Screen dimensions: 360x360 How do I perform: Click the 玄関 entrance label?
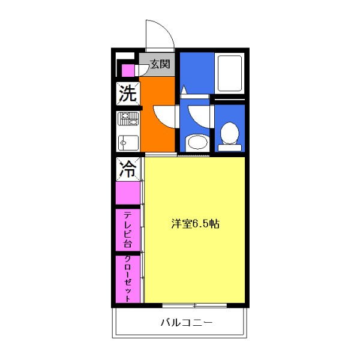click(x=159, y=64)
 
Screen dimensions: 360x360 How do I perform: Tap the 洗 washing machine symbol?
click(x=127, y=94)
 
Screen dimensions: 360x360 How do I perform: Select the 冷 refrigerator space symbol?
click(x=127, y=168)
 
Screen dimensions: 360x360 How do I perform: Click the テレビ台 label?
click(x=127, y=229)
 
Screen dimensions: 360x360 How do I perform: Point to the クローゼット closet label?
click(x=127, y=279)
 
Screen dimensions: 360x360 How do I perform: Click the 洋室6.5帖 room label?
click(x=196, y=224)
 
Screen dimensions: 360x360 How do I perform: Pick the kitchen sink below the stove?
click(x=127, y=143)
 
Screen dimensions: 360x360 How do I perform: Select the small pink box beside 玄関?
click(x=127, y=70)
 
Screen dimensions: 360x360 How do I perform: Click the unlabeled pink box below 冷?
click(x=127, y=193)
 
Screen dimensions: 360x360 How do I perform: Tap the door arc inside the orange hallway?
click(x=163, y=114)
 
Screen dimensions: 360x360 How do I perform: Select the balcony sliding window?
click(x=195, y=305)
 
